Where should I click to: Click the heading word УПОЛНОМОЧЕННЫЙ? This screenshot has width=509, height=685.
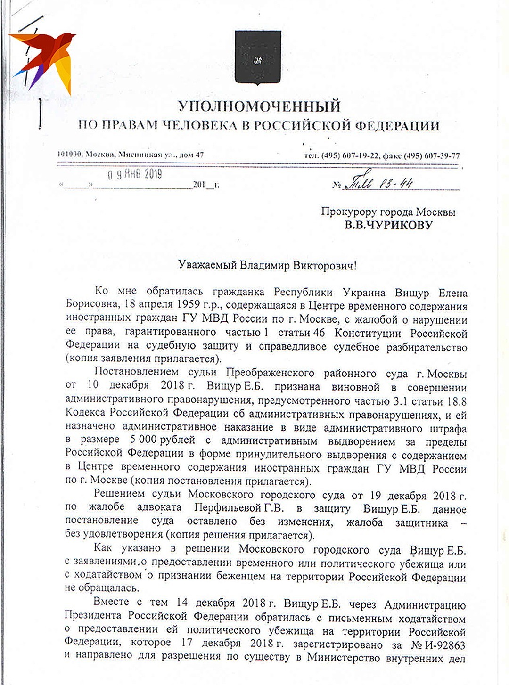[x=259, y=106]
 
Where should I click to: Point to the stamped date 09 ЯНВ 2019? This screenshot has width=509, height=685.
[x=135, y=175]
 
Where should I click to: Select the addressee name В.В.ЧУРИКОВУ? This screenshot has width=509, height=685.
[x=388, y=225]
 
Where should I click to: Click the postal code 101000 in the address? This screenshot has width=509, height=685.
[x=70, y=155]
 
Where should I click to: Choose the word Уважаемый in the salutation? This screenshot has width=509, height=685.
[x=207, y=266]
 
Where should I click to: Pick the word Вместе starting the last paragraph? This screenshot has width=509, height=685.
[x=111, y=602]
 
